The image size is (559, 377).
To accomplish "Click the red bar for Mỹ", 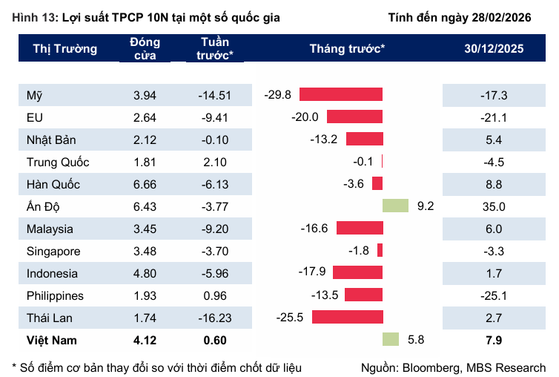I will coord(340,94).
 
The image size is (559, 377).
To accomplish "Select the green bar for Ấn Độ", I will coord(395,206).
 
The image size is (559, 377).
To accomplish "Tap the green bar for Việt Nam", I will coord(390,340).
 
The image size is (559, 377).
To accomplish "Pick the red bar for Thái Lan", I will coord(347,318).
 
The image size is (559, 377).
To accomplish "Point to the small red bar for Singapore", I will coord(380,251).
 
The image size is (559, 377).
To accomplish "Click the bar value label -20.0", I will coord(305,117).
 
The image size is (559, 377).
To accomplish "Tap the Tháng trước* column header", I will coord(347,49).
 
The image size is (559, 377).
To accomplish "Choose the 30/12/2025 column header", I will coord(494,49).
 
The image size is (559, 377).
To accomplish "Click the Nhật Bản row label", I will coord(51,140).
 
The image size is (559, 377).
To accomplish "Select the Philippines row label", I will coord(54,295).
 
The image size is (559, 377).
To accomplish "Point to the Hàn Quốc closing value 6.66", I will coord(145,184).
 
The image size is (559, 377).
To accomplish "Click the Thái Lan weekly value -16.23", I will coord(215,318).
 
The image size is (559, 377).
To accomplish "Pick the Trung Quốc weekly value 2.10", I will coord(215,162).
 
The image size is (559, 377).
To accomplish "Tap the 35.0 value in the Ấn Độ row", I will coord(494,206).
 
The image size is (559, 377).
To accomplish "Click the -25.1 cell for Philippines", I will coord(494,295).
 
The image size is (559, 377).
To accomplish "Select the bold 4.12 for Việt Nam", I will coord(145,341).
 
